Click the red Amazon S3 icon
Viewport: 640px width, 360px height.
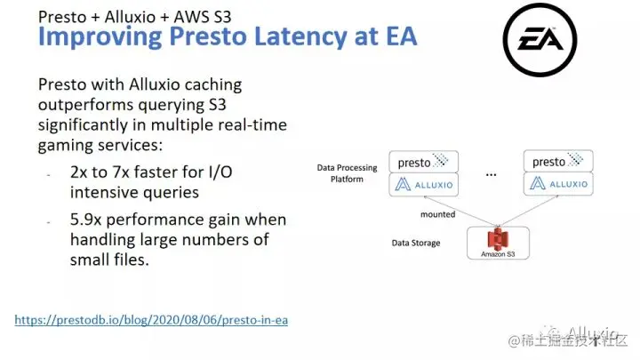pyautogui.click(x=499, y=239)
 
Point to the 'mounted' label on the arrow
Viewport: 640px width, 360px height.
pyautogui.click(x=437, y=214)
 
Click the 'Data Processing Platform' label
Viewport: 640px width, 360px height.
pyautogui.click(x=347, y=172)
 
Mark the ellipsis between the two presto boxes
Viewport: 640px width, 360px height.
pyautogui.click(x=490, y=175)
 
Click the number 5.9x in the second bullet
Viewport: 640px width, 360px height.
pyautogui.click(x=87, y=220)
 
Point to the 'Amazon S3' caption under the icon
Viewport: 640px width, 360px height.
pyautogui.click(x=499, y=254)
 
